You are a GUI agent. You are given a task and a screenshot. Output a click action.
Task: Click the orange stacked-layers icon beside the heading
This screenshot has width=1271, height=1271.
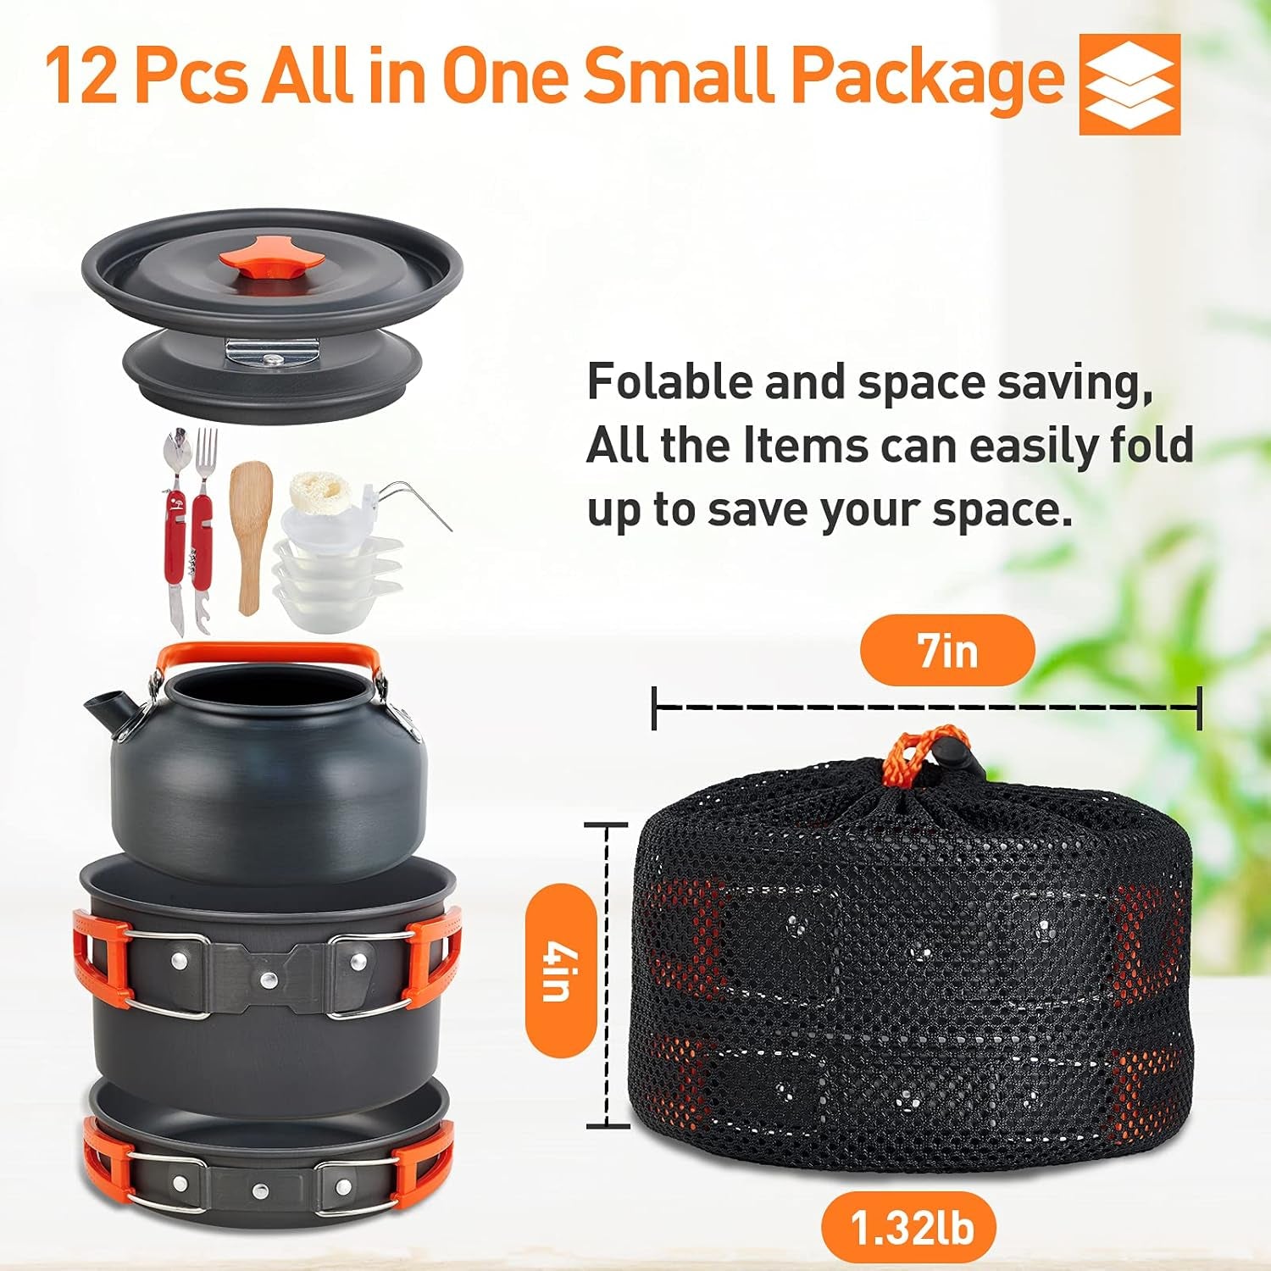(x=1129, y=84)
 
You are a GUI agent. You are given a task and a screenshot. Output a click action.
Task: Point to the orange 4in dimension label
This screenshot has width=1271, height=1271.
(x=558, y=969)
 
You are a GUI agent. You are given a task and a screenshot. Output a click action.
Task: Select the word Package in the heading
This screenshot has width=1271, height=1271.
(x=927, y=76)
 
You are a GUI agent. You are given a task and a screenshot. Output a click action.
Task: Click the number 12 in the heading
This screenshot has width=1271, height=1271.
(x=80, y=76)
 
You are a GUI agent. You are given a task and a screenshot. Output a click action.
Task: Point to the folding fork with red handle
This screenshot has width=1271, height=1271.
(x=204, y=508)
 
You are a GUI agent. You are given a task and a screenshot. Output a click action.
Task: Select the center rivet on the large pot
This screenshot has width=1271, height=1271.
(x=269, y=980)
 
